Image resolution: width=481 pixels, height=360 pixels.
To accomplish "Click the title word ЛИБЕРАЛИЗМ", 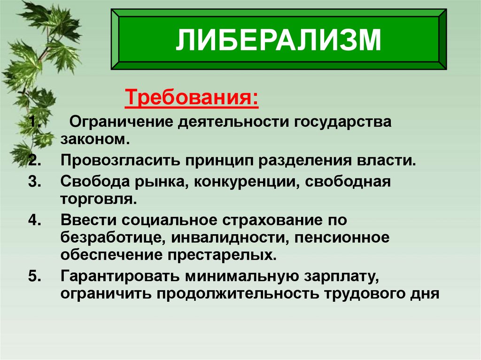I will tap(278, 41).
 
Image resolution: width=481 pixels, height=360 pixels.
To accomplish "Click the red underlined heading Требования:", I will tap(191, 100).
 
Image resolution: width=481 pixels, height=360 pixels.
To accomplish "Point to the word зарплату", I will tap(342, 276).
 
